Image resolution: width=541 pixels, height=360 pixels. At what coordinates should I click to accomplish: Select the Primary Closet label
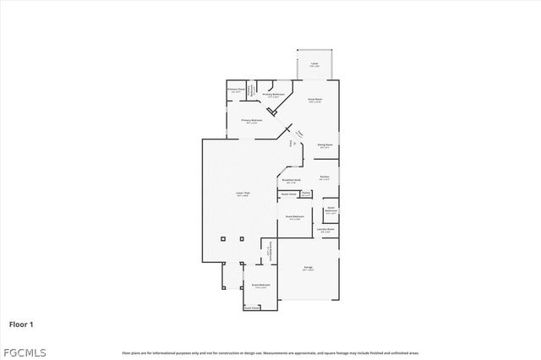236,89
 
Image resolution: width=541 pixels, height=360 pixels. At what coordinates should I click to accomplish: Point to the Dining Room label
324,145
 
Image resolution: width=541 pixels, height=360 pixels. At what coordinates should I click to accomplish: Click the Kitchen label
324,177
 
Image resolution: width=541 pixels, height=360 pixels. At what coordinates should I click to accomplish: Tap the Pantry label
306,194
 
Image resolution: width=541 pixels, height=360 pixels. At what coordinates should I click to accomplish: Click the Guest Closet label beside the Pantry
287,194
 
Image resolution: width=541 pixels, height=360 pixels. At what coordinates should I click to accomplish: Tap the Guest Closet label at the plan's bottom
252,308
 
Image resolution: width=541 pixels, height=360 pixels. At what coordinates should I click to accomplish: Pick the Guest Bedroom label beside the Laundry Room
295,217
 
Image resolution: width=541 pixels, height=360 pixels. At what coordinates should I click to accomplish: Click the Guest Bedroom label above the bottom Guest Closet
260,286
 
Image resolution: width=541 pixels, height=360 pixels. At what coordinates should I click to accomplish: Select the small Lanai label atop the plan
314,64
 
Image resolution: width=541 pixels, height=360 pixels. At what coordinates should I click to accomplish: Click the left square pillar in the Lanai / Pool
223,237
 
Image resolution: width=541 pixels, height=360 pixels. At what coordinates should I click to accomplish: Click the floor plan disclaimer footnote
270,352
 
